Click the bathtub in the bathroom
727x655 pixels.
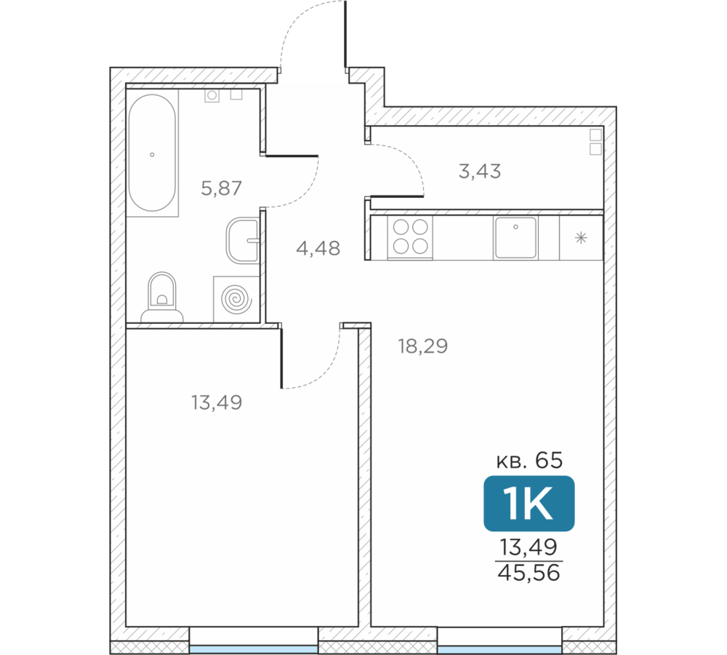[152, 153]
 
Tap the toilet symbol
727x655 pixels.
[162, 297]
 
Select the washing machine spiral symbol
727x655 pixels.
[236, 299]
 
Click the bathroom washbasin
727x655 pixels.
[243, 240]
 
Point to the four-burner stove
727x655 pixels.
[410, 237]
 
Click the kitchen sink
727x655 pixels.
[515, 237]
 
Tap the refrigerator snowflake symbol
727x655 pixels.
[581, 238]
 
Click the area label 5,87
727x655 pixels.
[221, 188]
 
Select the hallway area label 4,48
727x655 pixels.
[318, 248]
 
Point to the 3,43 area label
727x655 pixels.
[480, 171]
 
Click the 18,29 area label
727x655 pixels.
[423, 346]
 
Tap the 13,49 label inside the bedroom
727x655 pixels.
[217, 402]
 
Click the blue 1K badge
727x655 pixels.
[529, 504]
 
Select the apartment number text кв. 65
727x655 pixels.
[529, 461]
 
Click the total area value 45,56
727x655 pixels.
[529, 573]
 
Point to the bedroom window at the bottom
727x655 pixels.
[254, 649]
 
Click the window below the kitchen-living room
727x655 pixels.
[500, 649]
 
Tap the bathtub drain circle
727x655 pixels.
[152, 154]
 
